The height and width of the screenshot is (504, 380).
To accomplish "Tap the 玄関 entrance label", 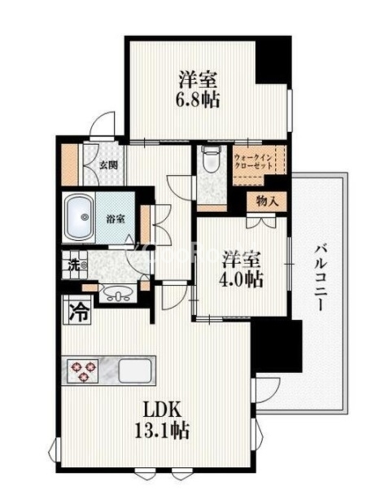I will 108,164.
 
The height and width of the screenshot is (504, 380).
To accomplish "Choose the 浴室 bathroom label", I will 116,218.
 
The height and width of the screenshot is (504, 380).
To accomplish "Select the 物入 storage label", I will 268,200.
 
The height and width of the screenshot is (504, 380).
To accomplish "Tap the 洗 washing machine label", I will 72,264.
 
